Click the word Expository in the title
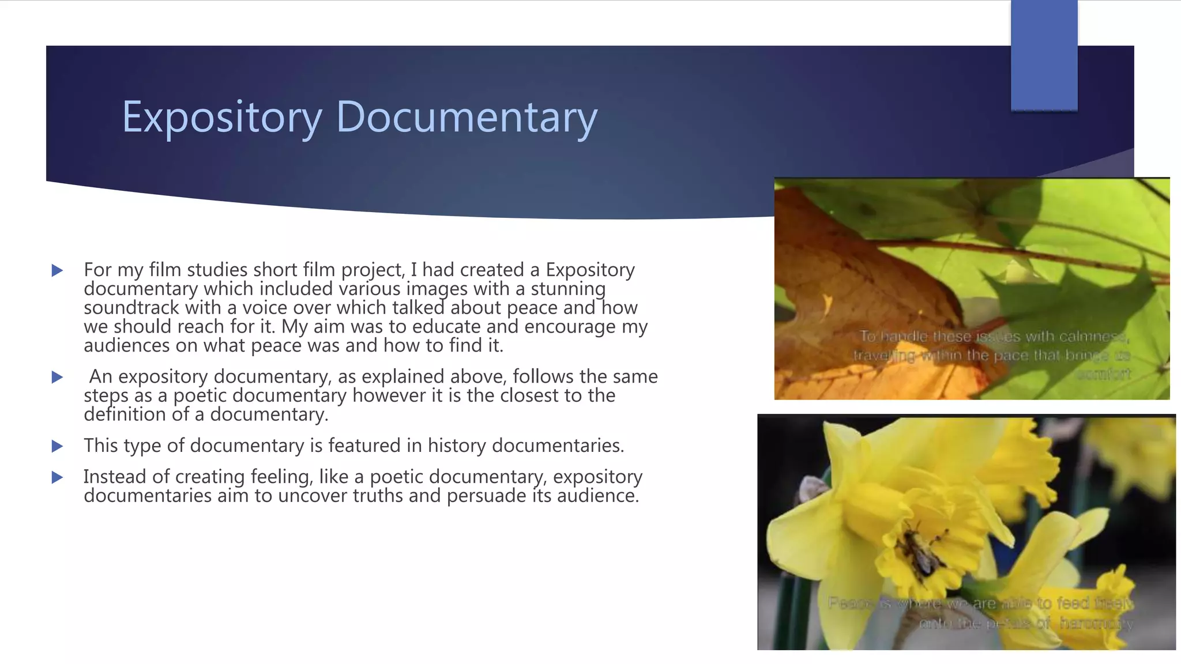pyautogui.click(x=221, y=117)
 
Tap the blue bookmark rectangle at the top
pyautogui.click(x=1044, y=55)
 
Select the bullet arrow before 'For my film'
pyautogui.click(x=57, y=270)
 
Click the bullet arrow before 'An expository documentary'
pyautogui.click(x=57, y=378)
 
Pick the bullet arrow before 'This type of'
pyautogui.click(x=57, y=446)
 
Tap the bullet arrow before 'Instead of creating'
pyautogui.click(x=57, y=477)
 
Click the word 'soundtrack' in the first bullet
pyautogui.click(x=131, y=308)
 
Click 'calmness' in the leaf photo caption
pyautogui.click(x=1093, y=337)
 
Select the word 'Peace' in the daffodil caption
pyautogui.click(x=850, y=603)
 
